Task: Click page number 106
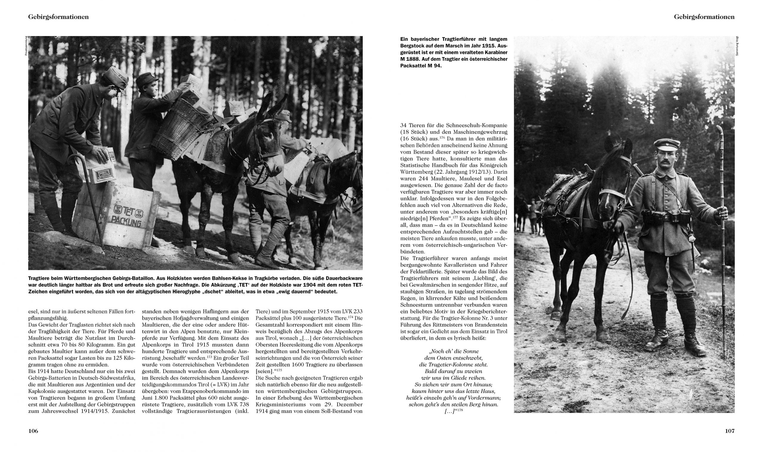pyautogui.click(x=33, y=431)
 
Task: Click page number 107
pyautogui.click(x=730, y=431)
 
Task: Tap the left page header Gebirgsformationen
pyautogui.click(x=58, y=17)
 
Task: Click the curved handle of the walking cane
pyautogui.click(x=75, y=159)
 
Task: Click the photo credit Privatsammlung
pyautogui.click(x=27, y=46)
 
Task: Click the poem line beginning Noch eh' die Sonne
pyautogui.click(x=453, y=351)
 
